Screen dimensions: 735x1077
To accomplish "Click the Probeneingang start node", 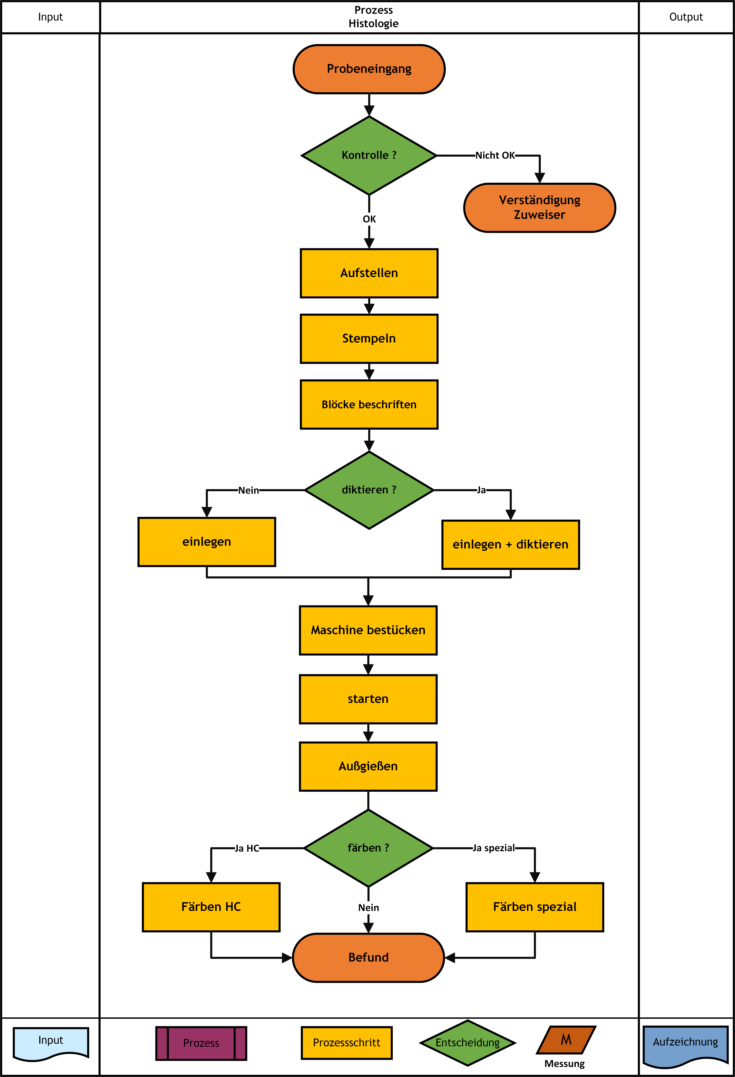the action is point(369,69).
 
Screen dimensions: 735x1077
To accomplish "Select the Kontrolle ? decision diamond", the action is point(369,155).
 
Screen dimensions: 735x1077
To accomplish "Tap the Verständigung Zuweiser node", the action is point(540,208).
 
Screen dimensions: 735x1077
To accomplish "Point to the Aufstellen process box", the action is point(369,273).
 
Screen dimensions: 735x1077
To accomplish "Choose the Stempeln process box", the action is point(369,339).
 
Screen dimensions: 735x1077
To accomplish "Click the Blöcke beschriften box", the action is point(369,405).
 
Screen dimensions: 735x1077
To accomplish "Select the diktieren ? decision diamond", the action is point(369,490).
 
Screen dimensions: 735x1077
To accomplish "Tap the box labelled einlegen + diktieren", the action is point(511,544).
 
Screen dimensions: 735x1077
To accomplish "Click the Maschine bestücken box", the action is point(368,630).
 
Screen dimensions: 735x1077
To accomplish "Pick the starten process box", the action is point(368,699).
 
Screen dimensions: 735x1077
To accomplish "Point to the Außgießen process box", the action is point(368,766).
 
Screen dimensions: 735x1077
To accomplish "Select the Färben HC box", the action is point(211,907).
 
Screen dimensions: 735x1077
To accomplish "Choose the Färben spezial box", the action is point(535,907).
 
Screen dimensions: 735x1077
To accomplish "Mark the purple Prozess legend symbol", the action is point(201,1043).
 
